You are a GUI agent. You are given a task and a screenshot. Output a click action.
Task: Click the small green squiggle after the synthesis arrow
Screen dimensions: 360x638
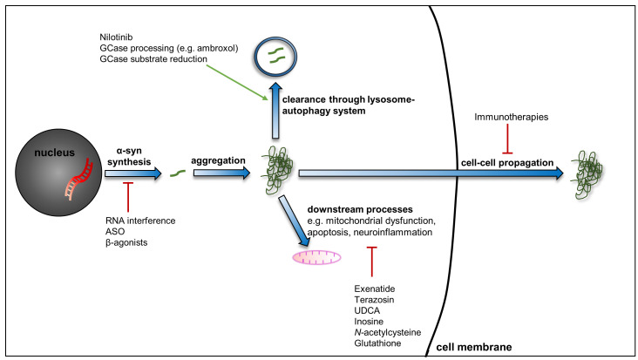(177, 175)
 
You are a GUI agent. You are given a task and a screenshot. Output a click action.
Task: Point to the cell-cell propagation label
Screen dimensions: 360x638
(505, 163)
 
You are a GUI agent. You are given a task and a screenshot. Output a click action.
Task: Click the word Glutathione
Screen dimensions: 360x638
(378, 344)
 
